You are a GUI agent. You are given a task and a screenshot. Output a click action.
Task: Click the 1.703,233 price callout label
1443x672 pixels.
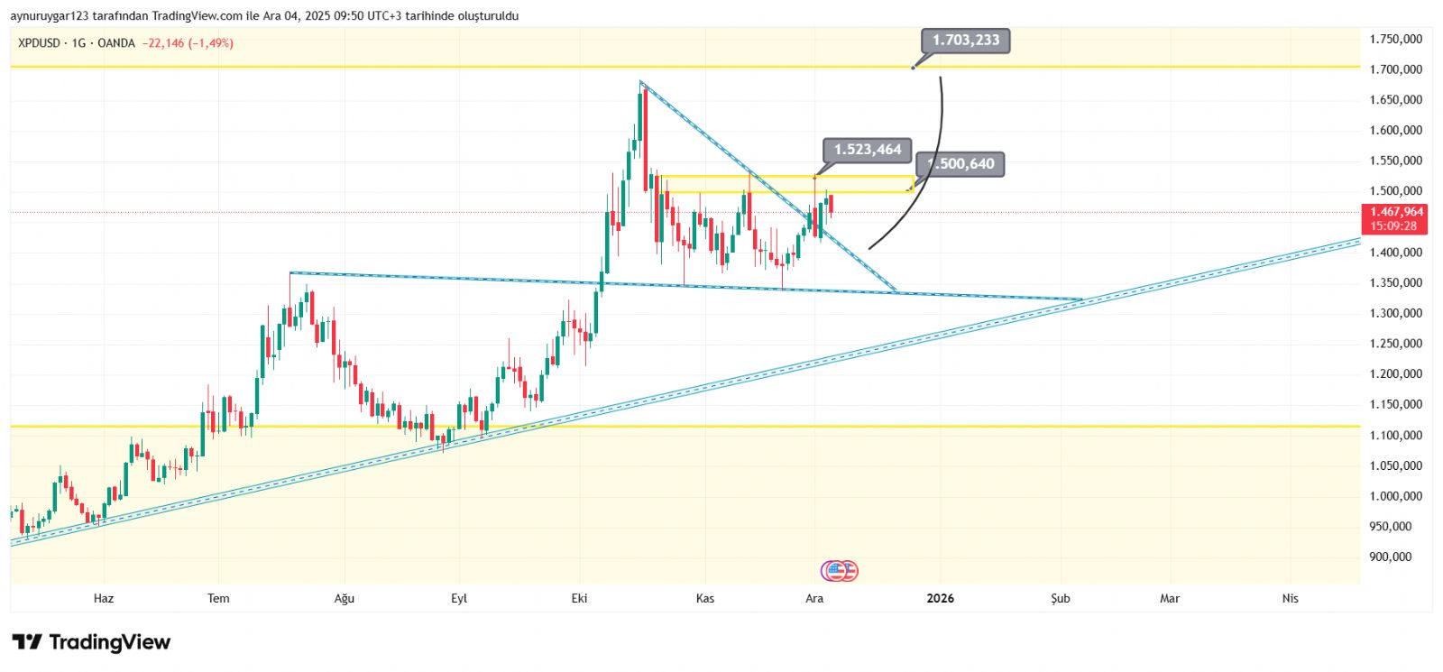[x=965, y=41]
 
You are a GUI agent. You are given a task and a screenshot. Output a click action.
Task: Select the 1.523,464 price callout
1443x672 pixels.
[x=867, y=150]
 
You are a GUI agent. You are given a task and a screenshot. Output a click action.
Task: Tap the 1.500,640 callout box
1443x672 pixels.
[x=960, y=164]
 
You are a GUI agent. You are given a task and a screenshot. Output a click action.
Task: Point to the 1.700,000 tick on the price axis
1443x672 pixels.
[x=1395, y=69]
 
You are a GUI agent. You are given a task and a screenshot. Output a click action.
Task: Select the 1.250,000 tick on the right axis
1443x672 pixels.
[x=1395, y=344]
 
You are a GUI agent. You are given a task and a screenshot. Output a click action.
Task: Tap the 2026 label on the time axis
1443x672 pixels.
[x=940, y=598]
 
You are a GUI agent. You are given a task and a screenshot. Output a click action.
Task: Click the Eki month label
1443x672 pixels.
[x=579, y=598]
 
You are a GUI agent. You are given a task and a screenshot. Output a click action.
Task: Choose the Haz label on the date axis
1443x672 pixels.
[x=104, y=598]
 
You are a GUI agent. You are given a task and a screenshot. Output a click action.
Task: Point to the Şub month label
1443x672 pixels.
[x=1061, y=598]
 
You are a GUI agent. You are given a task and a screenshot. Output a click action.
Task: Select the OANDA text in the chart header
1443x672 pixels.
[x=116, y=43]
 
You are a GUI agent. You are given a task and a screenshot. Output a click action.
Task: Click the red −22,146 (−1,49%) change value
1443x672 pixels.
[x=188, y=43]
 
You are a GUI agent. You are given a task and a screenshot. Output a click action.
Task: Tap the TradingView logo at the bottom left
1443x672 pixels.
[x=91, y=642]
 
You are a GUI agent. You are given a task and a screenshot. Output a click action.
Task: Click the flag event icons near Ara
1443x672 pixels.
[x=840, y=571]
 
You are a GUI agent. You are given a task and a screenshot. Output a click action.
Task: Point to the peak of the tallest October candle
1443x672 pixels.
[x=641, y=83]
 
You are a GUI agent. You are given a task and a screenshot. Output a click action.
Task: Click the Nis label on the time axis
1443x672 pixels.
[x=1290, y=598]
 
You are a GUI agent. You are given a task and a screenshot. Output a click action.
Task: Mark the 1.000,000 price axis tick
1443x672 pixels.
[x=1395, y=496]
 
